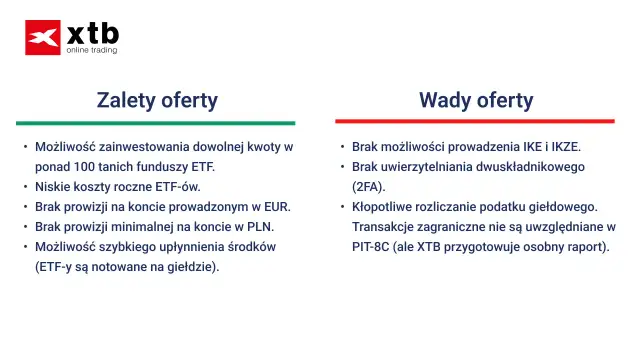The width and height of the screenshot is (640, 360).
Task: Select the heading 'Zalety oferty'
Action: pos(157,100)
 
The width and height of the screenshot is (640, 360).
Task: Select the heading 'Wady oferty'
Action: pos(476,100)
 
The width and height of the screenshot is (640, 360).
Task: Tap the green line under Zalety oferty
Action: pos(155,122)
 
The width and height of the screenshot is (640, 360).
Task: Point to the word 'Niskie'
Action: pos(53,186)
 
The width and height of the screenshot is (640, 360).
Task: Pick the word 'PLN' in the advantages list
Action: pos(260,226)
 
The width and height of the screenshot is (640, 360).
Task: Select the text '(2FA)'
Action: pos(369,186)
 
